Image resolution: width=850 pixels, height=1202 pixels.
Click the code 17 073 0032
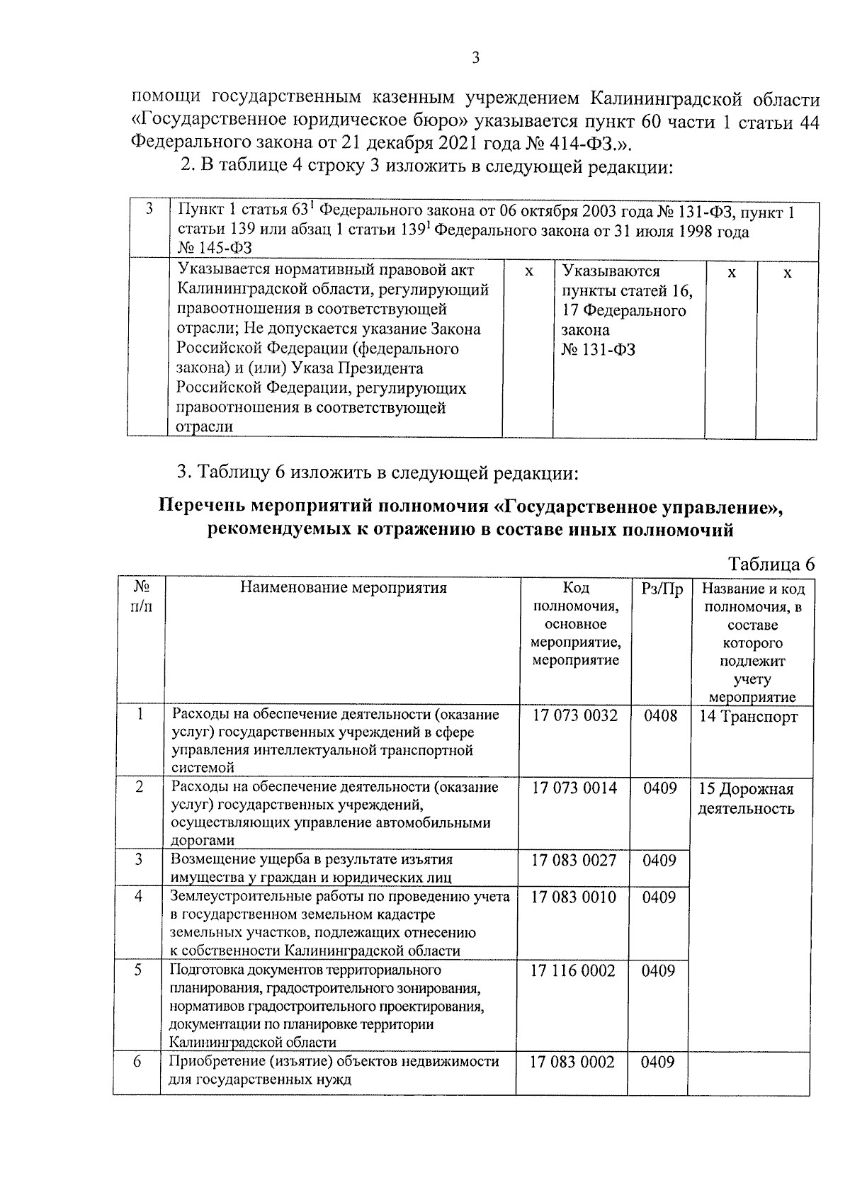tap(574, 715)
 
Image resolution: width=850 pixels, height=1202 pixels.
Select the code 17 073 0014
tap(574, 788)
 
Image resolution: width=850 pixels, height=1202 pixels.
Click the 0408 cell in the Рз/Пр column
tap(660, 715)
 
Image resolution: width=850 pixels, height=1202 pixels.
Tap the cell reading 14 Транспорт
tap(748, 717)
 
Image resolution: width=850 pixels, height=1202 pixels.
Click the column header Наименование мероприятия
tap(344, 587)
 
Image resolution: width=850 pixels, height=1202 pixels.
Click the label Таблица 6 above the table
tap(771, 564)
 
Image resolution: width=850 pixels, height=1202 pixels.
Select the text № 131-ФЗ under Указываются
tap(598, 350)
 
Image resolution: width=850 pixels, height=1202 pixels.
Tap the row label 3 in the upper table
tap(149, 209)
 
